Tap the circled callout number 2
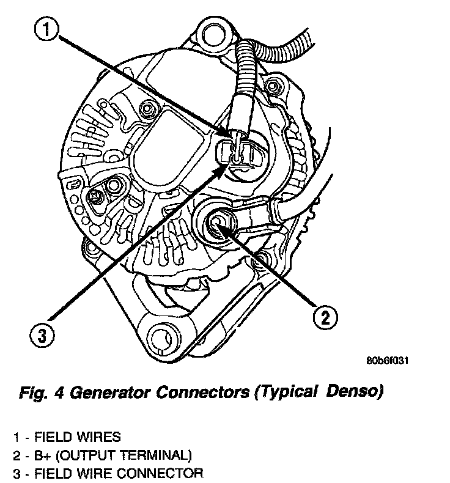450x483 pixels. coord(325,316)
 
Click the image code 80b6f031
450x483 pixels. coord(388,361)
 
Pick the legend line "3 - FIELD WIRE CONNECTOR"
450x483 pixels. coord(108,473)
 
